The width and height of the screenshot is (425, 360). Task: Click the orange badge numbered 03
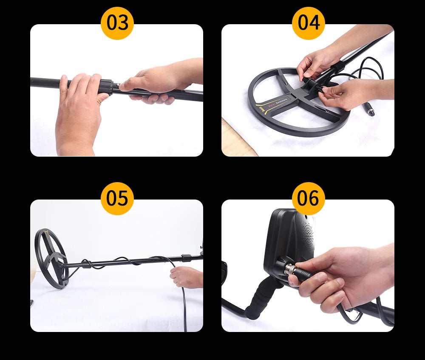(117, 23)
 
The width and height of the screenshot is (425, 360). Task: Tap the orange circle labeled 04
(308, 23)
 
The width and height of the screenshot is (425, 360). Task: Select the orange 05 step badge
(117, 198)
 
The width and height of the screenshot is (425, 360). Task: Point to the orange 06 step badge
(308, 198)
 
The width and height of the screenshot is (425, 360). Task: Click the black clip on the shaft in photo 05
(185, 257)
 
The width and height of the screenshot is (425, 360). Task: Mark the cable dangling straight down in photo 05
(184, 306)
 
